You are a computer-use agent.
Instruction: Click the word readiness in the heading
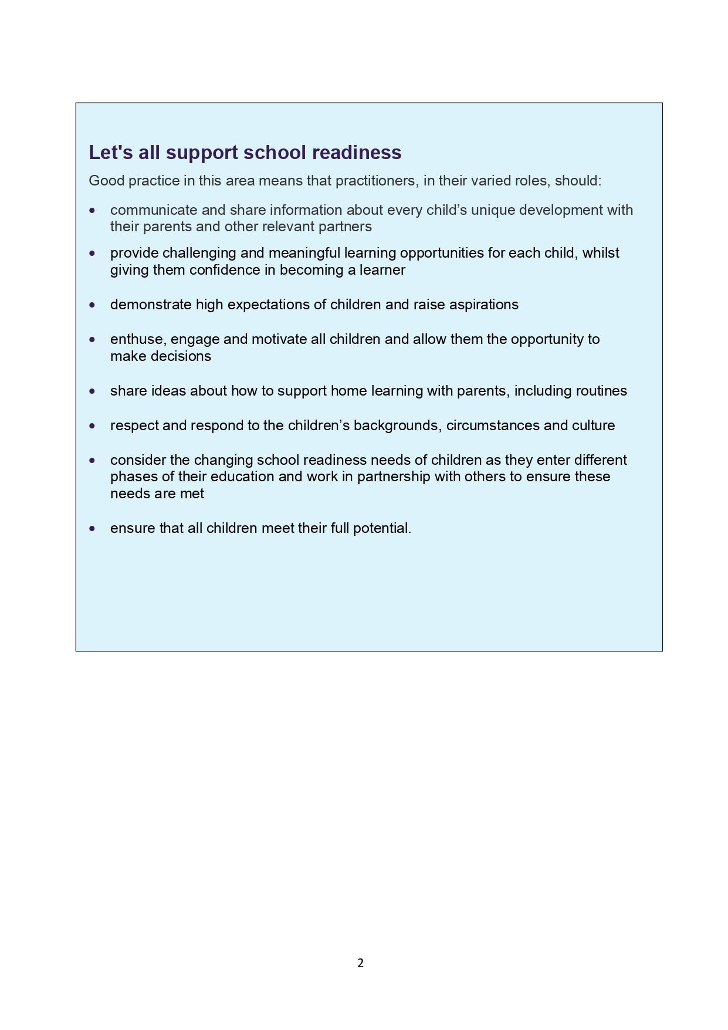point(357,153)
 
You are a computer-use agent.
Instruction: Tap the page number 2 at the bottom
point(360,963)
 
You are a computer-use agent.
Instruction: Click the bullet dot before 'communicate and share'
point(92,210)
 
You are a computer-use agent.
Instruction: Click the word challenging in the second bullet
point(199,253)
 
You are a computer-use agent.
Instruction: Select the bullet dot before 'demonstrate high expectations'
point(92,305)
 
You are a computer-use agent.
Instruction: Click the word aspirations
point(483,305)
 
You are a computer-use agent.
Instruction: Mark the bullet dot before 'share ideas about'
point(92,391)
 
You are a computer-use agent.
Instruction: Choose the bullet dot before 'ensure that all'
point(92,528)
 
